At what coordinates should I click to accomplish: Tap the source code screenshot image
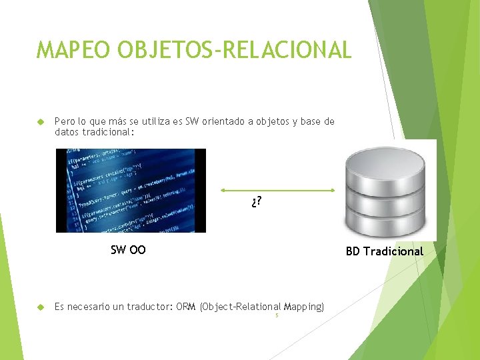coord(131,191)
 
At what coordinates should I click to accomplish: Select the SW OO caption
coord(128,251)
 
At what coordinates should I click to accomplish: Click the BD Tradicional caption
coord(384,251)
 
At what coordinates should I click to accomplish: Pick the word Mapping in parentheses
coord(303,307)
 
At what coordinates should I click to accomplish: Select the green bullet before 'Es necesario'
coord(39,307)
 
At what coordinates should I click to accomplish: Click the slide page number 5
coord(277,315)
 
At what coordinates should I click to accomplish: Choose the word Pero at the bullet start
coord(65,121)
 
